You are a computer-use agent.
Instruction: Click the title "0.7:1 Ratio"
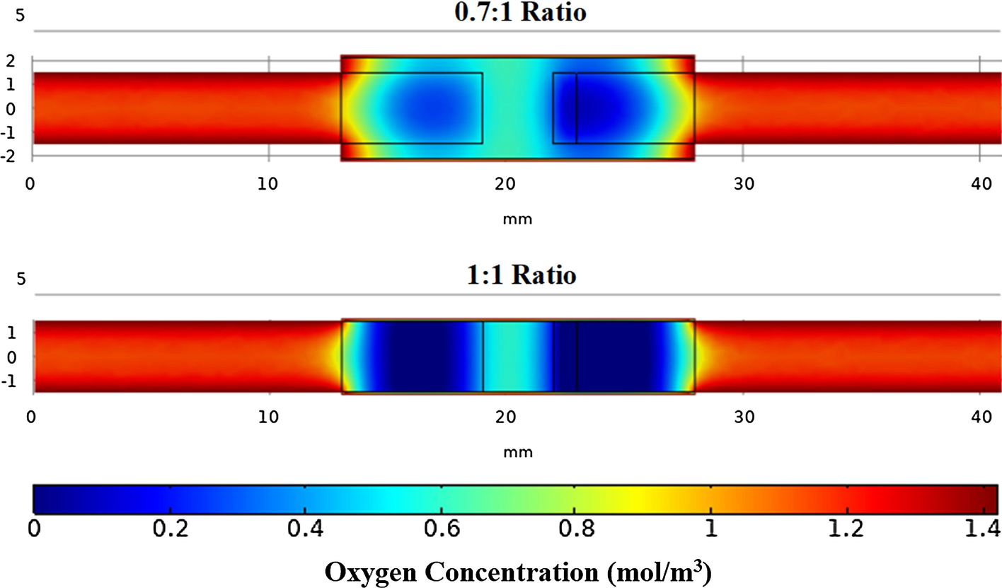(520, 13)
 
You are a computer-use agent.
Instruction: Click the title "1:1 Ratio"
(520, 275)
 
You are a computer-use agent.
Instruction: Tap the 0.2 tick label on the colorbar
(170, 529)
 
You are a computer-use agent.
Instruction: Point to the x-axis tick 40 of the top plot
(979, 183)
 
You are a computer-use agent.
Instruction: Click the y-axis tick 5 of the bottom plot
(21, 278)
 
